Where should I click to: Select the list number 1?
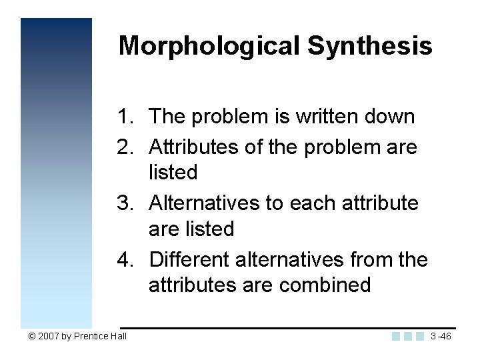pyautogui.click(x=125, y=117)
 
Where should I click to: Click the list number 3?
pyautogui.click(x=125, y=202)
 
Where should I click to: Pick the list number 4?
pyautogui.click(x=125, y=259)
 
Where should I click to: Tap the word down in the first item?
pyautogui.click(x=392, y=117)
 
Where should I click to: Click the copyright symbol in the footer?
pyautogui.click(x=33, y=336)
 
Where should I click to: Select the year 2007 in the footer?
pyautogui.click(x=49, y=336)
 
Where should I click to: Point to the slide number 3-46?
pyautogui.click(x=441, y=336)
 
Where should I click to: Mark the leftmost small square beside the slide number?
pyautogui.click(x=397, y=336)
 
